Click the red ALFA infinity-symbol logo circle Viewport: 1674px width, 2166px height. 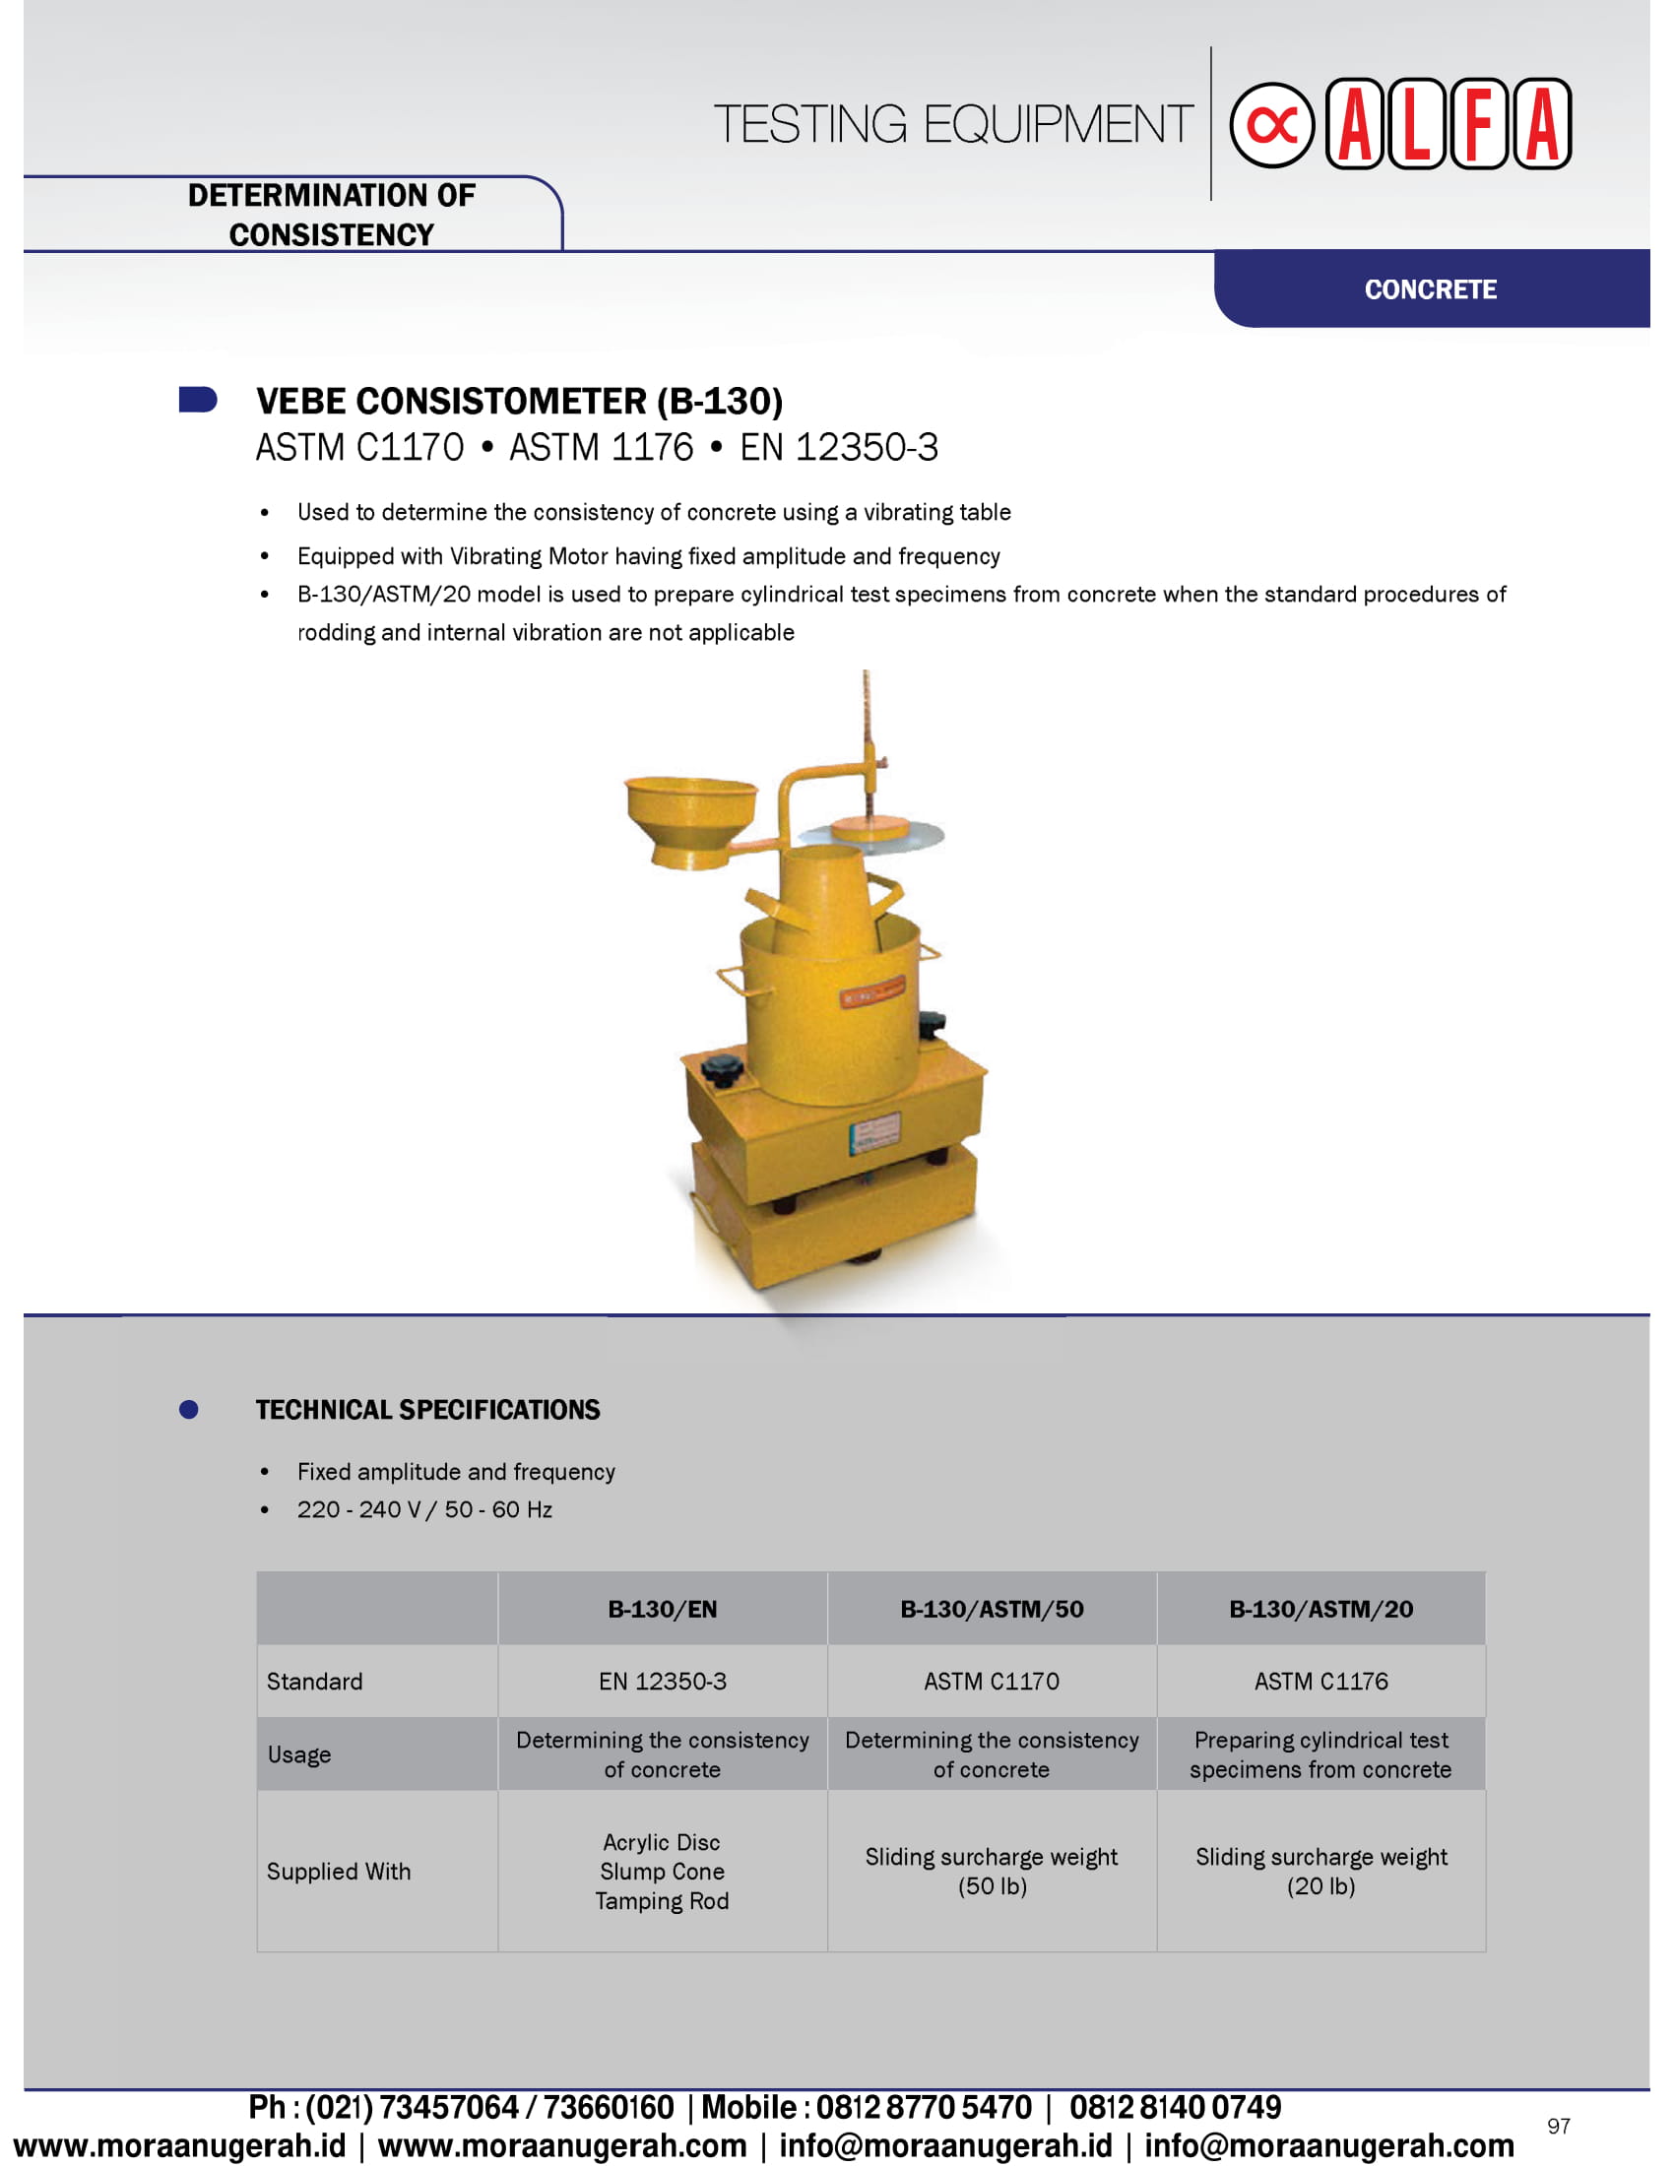1271,125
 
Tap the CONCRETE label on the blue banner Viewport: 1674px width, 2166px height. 1430,289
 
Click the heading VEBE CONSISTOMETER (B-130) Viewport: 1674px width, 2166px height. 519,402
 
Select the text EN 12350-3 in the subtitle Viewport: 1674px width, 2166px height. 838,447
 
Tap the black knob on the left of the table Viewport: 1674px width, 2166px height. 721,1069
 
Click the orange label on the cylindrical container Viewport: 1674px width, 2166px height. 871,991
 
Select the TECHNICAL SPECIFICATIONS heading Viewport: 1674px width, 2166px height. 427,1409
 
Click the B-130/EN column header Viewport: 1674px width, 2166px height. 662,1609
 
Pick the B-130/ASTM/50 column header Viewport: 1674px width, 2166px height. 991,1609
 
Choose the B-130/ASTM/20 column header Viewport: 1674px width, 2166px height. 1320,1609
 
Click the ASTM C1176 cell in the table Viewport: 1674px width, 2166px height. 1320,1681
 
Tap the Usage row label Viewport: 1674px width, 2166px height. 298,1754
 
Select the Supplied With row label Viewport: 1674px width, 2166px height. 338,1872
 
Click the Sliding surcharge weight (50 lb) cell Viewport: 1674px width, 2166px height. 991,1872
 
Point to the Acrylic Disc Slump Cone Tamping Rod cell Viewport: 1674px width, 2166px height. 662,1872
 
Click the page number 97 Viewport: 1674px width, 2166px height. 1558,2126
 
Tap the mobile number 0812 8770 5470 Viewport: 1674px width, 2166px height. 924,2107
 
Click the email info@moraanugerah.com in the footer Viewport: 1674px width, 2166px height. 1329,2145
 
